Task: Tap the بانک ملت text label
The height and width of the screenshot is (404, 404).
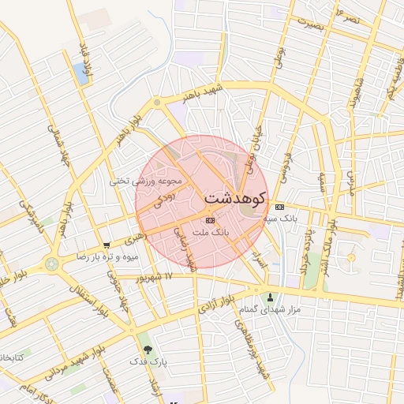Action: coord(210,234)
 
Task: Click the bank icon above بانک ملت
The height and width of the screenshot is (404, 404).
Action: coord(209,221)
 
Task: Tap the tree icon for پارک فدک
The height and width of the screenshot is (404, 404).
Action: coord(148,348)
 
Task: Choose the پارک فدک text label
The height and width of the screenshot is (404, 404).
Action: coord(148,361)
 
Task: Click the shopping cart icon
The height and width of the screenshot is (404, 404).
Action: coord(107,245)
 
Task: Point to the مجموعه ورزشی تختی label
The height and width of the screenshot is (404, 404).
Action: coord(146,181)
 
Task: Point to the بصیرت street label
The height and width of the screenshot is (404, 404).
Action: coord(307,24)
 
